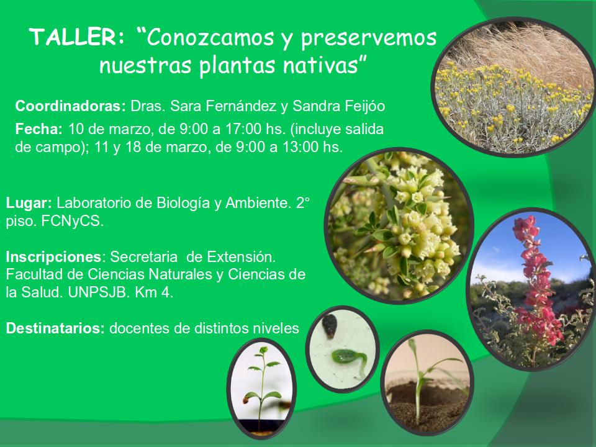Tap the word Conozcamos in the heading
coord(210,37)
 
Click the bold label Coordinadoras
coord(70,106)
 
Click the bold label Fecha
coord(38,129)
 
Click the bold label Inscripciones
coord(53,257)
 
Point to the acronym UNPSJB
coord(99,293)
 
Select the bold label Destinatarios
coord(55,328)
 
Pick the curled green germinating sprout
coord(348,359)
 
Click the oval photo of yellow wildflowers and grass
coord(513,87)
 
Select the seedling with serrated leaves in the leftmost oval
coord(261,387)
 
